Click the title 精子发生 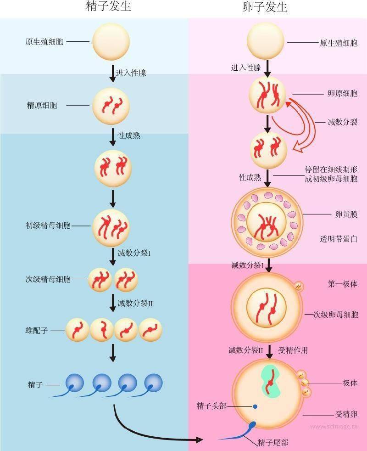point(108,6)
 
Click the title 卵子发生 point(265,6)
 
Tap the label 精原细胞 point(42,105)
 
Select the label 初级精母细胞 point(48,225)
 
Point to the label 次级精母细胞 point(48,279)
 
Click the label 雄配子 point(37,330)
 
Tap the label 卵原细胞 point(343,93)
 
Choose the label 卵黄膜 point(346,214)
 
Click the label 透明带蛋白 point(339,239)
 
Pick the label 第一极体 point(343,284)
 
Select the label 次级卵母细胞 point(336,315)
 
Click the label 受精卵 point(346,414)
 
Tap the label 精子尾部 point(273,442)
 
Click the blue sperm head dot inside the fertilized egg point(255,407)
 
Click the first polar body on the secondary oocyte point(299,286)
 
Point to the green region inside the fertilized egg point(271,381)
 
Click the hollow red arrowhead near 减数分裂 point(298,148)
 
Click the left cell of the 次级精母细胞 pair point(100,280)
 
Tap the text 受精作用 point(293,350)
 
